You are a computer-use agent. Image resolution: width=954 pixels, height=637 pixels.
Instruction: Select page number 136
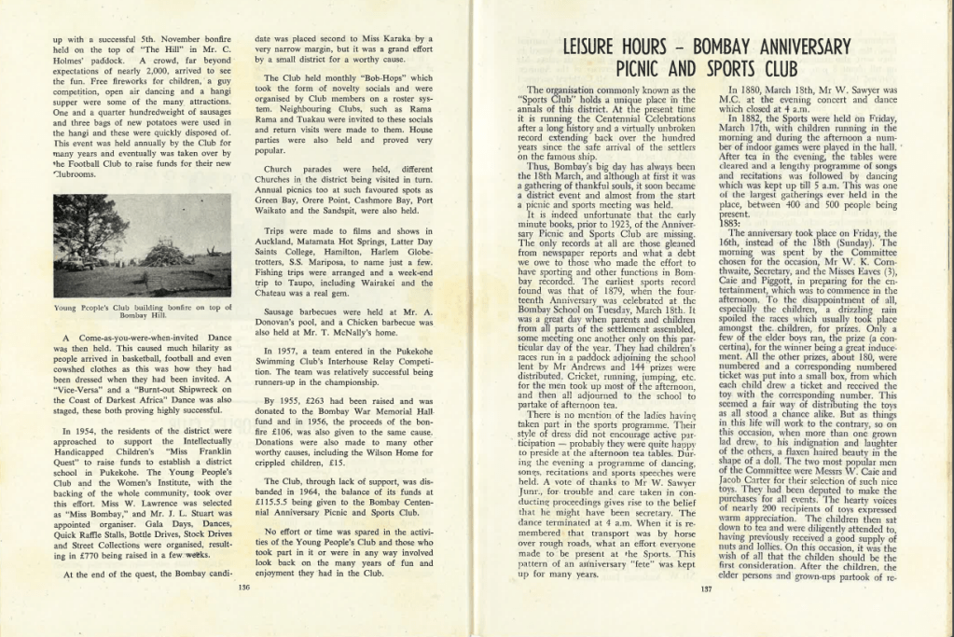244,588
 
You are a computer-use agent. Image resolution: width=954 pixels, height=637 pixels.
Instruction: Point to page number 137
706,589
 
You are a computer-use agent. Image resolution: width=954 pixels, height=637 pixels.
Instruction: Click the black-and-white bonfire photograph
142,245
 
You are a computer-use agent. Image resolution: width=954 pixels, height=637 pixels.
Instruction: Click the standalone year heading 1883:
730,222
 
